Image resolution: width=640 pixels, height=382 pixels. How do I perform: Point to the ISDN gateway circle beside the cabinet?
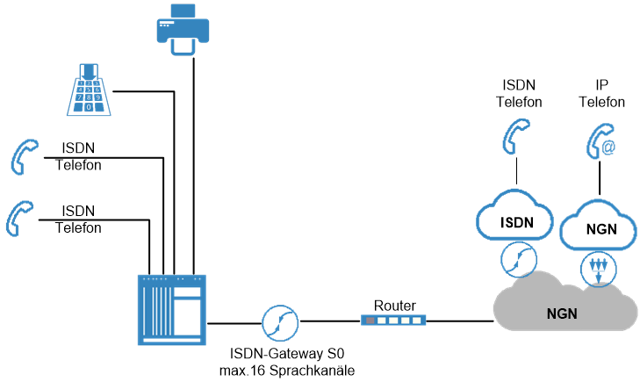[x=279, y=321]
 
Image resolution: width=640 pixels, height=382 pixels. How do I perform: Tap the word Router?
[x=394, y=306]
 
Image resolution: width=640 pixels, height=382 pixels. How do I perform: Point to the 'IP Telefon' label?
[x=601, y=93]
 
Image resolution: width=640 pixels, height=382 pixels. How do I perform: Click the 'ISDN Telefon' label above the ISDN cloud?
[x=518, y=93]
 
